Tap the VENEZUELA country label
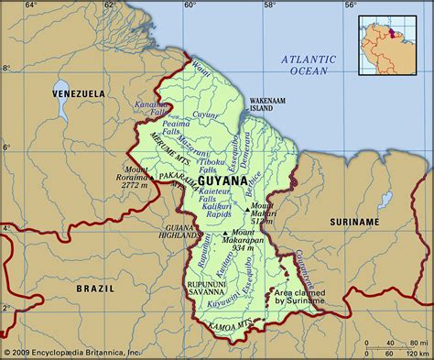[78, 93]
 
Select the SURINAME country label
[354, 222]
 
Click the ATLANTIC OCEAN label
[309, 64]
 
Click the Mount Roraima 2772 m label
[138, 177]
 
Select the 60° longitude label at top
[190, 5]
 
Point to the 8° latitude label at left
[5, 69]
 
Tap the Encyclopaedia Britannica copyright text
[71, 353]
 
